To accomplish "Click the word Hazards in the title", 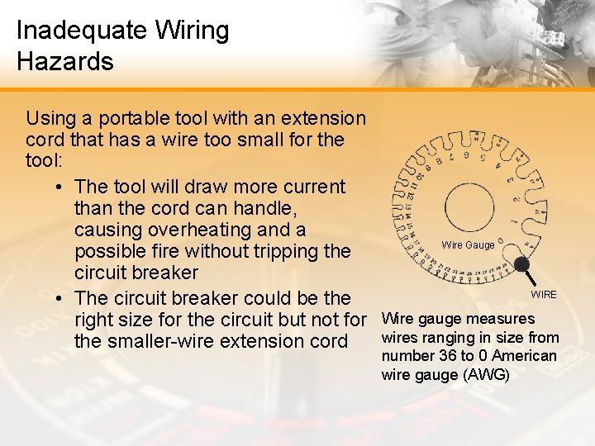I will [x=64, y=61].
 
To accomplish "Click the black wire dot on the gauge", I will [x=521, y=265].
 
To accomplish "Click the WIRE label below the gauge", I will [x=544, y=295].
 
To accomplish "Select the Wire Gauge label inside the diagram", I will [x=469, y=244].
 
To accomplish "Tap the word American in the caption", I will [x=526, y=356].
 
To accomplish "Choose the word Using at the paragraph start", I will [x=51, y=119].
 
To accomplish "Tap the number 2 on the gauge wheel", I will [x=516, y=198].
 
